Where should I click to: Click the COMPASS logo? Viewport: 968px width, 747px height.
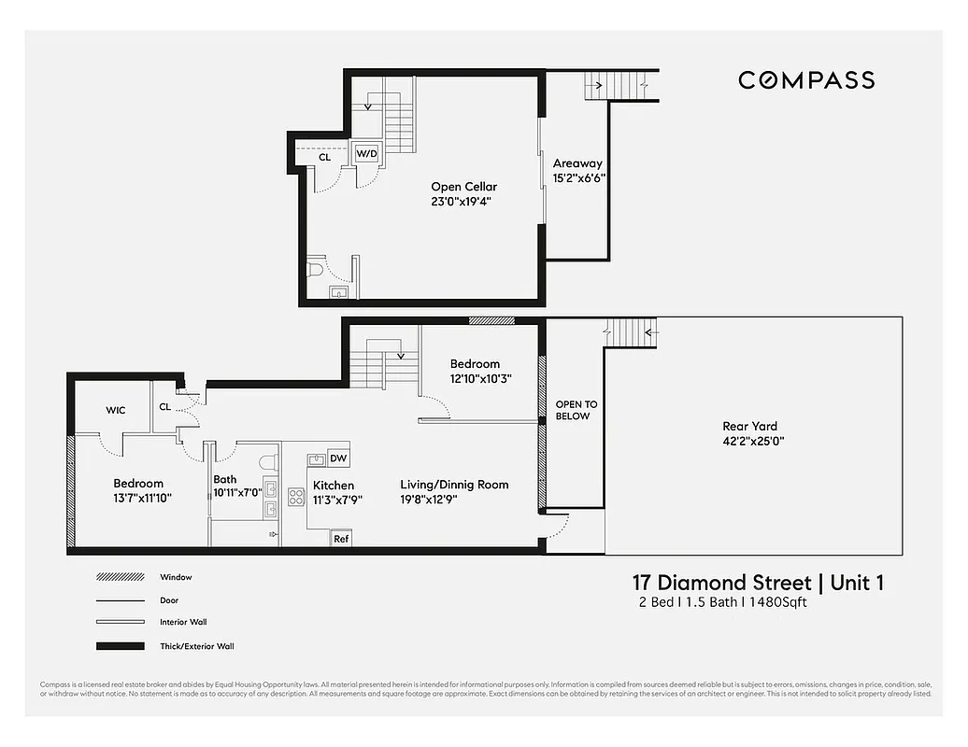pos(806,80)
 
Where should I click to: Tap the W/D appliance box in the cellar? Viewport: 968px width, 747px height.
pos(366,153)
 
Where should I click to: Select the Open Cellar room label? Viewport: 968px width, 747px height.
pos(463,187)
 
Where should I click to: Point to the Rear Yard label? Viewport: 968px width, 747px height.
pos(749,427)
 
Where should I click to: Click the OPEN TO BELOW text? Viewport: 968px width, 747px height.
pos(576,410)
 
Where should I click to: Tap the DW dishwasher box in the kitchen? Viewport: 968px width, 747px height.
pos(338,458)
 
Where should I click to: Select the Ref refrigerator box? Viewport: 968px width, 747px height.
pos(341,539)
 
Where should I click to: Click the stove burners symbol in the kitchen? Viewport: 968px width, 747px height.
pos(297,496)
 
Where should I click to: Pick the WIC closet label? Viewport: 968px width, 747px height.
pos(116,410)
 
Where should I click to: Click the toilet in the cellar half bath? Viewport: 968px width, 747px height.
pos(316,270)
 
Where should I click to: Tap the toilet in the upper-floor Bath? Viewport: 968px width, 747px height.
pos(268,460)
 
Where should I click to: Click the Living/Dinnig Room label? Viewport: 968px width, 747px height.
pos(454,485)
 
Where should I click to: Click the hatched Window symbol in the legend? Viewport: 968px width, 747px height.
pos(120,578)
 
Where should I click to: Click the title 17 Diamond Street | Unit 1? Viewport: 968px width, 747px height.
pos(758,584)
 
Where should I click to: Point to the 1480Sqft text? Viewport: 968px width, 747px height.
pos(775,603)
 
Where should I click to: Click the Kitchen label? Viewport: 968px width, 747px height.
pos(334,486)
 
